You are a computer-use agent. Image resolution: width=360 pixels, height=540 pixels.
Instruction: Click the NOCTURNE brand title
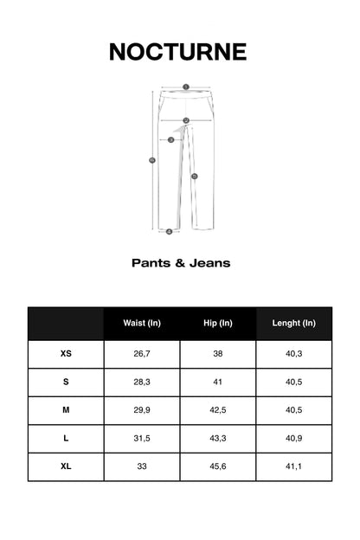pos(177,52)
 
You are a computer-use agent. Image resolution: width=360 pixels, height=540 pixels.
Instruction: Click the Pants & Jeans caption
pos(181,262)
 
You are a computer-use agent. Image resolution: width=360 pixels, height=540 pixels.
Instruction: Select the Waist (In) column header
pos(142,324)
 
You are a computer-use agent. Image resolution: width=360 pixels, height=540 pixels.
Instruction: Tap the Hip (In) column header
pos(218,324)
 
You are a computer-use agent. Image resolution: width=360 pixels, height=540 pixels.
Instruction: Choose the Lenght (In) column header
pos(293,324)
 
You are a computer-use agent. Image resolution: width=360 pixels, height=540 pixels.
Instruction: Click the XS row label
pos(66,353)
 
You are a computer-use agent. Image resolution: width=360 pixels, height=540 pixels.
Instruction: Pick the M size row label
pos(66,410)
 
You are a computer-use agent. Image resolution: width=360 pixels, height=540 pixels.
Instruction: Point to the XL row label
pos(66,466)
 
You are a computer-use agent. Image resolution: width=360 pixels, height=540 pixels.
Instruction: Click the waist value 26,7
pos(142,353)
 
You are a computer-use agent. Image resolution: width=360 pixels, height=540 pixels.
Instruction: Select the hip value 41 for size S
pos(218,382)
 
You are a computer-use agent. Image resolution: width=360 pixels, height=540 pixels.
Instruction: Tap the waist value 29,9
pos(142,410)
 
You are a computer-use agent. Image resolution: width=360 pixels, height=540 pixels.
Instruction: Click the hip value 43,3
pos(218,439)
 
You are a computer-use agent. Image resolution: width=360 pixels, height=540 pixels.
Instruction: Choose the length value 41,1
pos(293,466)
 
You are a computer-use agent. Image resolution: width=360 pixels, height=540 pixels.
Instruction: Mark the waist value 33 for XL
pos(142,466)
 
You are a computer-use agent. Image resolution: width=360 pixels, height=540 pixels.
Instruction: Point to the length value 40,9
pos(293,439)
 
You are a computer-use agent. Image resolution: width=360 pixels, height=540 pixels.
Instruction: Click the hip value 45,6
pos(218,466)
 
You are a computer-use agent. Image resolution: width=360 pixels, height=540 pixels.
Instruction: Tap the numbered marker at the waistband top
pos(185,87)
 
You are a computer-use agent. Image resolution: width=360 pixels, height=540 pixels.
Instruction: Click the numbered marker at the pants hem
pos(169,231)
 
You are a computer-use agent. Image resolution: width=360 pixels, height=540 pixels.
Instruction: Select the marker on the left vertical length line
pos(152,160)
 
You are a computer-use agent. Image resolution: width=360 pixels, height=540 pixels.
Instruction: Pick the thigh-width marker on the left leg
pos(170,139)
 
